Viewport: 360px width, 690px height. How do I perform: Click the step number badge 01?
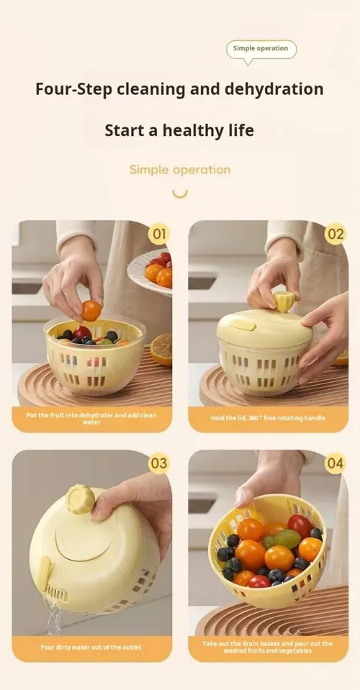[x=159, y=234]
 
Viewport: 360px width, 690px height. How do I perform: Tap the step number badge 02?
[x=336, y=234]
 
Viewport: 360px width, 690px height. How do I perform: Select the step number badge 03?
[x=159, y=463]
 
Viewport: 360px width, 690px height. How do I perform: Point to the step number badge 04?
[x=336, y=463]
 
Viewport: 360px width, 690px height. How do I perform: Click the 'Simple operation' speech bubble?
[x=261, y=50]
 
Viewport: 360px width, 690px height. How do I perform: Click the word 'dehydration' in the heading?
[x=274, y=89]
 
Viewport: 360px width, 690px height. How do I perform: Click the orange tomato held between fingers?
[x=91, y=311]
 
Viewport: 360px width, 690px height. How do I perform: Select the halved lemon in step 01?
[x=161, y=350]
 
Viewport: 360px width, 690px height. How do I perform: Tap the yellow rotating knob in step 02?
[x=284, y=301]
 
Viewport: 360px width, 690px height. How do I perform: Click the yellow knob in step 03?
[x=80, y=499]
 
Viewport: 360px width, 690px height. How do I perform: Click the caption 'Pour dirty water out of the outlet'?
[x=91, y=648]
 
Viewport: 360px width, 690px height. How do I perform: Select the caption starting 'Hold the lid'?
[x=268, y=417]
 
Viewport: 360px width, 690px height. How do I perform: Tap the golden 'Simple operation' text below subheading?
[x=180, y=170]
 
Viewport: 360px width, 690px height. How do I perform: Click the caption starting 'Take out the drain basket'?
[x=268, y=647]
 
